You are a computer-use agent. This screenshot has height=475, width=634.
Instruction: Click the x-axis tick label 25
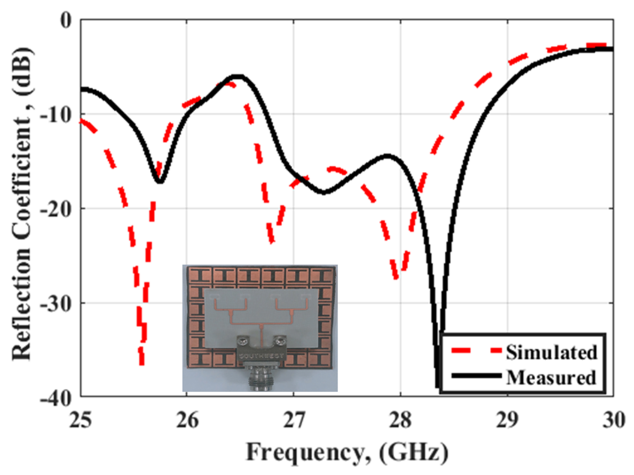coord(80,421)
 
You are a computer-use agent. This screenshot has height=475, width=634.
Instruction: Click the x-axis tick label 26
coord(187,421)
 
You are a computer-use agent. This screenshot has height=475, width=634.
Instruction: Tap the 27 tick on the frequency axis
coord(294,421)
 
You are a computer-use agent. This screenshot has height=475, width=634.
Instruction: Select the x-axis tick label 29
coord(507,421)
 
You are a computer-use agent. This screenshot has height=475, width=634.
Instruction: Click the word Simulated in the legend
coord(551,352)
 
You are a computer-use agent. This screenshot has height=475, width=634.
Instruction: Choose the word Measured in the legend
coord(551,377)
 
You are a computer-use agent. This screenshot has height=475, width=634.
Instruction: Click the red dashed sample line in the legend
coord(476,351)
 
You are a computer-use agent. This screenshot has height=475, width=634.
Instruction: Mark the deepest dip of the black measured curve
coord(438,386)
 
